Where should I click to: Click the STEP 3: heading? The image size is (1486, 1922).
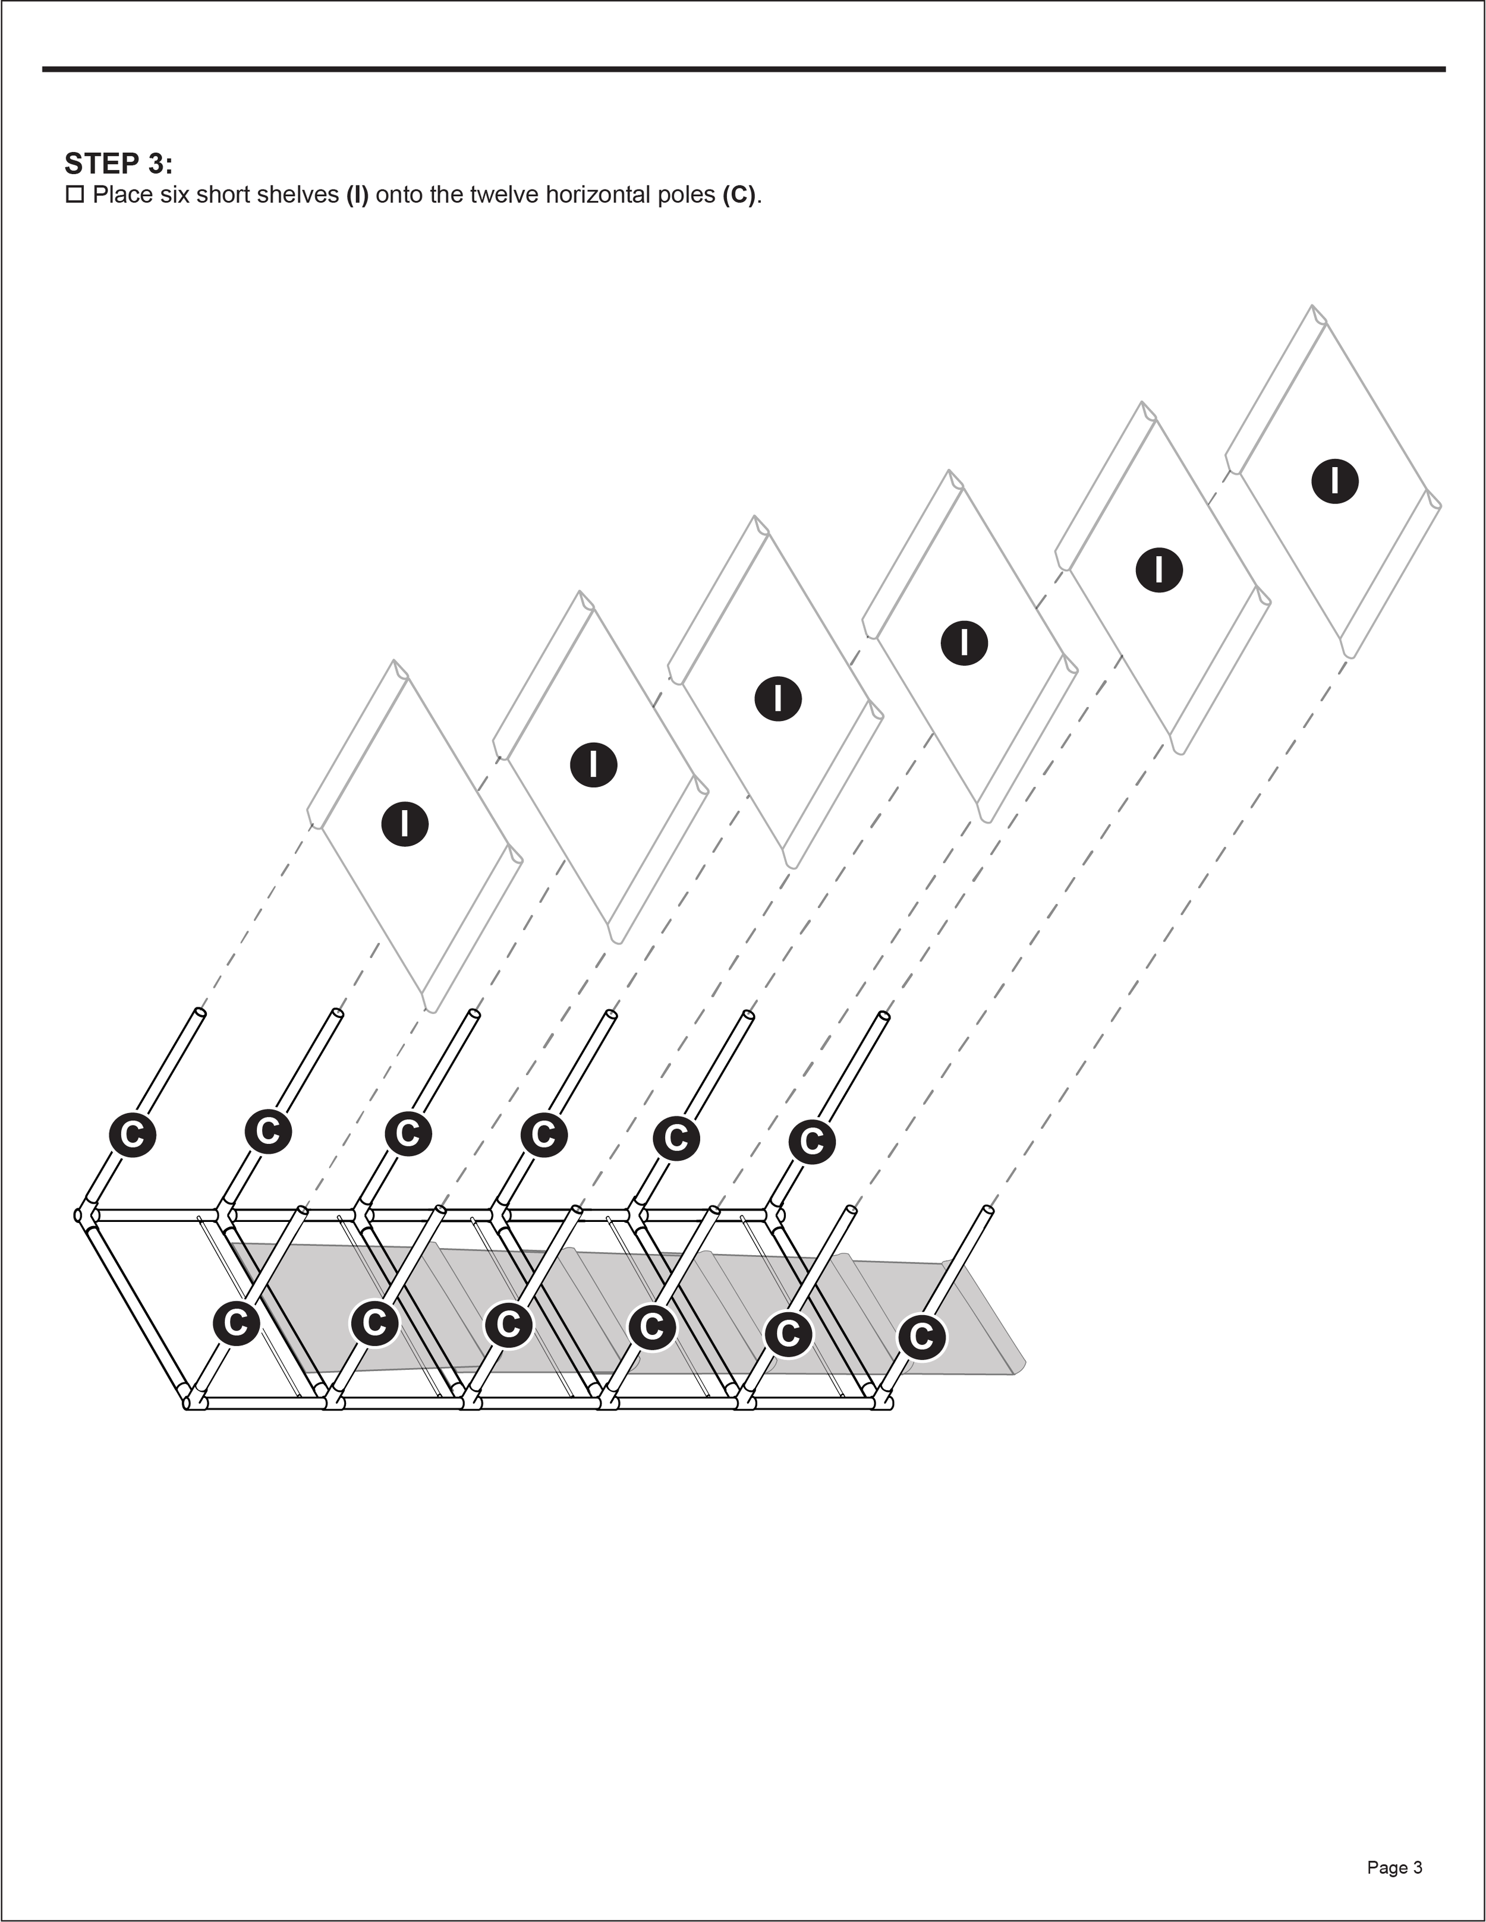(119, 163)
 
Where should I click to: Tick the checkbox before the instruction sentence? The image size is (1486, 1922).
(75, 194)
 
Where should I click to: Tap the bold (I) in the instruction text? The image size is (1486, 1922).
(357, 194)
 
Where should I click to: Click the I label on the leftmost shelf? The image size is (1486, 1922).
(405, 824)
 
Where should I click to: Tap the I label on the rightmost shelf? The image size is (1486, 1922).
(1334, 481)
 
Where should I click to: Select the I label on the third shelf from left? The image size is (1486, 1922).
(778, 699)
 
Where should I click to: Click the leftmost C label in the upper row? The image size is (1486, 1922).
(132, 1135)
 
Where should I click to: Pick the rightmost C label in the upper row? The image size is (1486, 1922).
(812, 1142)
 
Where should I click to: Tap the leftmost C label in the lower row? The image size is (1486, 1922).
(236, 1323)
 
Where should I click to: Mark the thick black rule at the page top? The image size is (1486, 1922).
(743, 69)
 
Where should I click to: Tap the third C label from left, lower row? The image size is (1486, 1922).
(509, 1325)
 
